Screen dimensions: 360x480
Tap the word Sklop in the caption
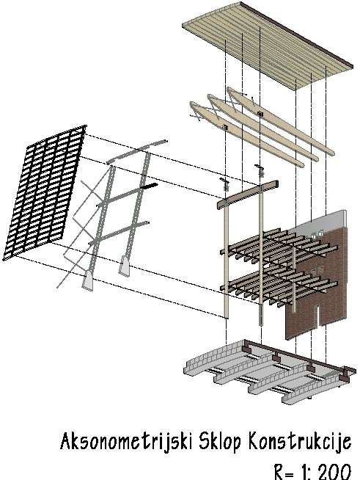(x=220, y=441)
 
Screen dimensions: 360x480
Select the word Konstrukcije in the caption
(x=300, y=442)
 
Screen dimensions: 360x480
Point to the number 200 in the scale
(x=334, y=471)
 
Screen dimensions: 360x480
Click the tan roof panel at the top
(x=267, y=46)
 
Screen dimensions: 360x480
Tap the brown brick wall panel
(x=318, y=285)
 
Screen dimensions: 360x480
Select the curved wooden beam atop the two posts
(x=247, y=194)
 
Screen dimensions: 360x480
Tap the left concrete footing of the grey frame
(x=88, y=280)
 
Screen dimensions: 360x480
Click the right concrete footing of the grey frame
(x=124, y=266)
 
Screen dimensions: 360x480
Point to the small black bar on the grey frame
(x=149, y=186)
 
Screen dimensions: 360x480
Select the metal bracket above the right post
(x=260, y=170)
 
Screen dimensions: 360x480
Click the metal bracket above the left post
(x=226, y=183)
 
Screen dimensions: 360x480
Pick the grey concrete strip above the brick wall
(x=321, y=222)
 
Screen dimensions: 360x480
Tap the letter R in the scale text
(x=279, y=471)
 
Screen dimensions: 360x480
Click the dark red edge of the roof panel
(x=297, y=34)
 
